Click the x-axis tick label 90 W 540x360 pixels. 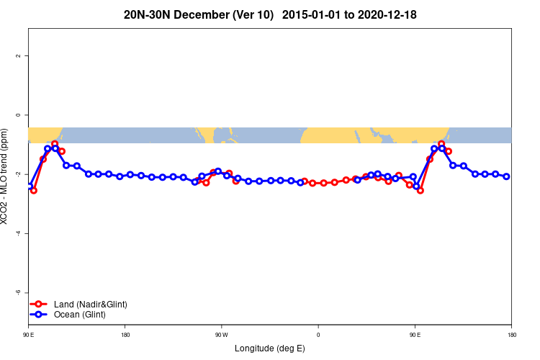click(x=221, y=335)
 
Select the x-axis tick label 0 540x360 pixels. click(x=318, y=335)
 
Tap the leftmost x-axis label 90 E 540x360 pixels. click(x=29, y=335)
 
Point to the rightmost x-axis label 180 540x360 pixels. click(x=511, y=335)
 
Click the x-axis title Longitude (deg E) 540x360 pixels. click(x=270, y=348)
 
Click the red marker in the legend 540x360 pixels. click(x=40, y=305)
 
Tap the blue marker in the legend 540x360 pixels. click(x=40, y=315)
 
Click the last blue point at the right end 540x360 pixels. click(x=507, y=176)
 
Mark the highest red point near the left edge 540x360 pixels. click(x=55, y=144)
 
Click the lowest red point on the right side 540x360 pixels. click(x=420, y=191)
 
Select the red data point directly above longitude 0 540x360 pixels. click(x=313, y=183)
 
